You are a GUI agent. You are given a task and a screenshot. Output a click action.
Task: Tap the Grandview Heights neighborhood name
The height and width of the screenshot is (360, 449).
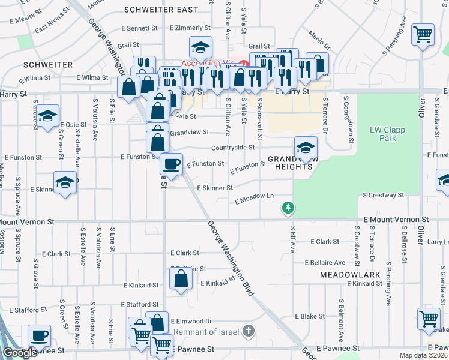pyautogui.click(x=291, y=163)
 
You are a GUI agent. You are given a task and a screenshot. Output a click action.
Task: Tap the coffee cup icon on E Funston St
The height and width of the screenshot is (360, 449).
pyautogui.click(x=172, y=164)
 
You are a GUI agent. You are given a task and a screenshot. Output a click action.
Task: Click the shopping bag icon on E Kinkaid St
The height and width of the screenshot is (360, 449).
pyautogui.click(x=181, y=279)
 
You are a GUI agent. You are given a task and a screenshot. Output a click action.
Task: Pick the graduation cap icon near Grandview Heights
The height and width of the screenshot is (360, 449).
pyautogui.click(x=306, y=147)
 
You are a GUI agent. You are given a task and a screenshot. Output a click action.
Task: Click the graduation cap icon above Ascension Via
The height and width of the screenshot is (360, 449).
pyautogui.click(x=201, y=46)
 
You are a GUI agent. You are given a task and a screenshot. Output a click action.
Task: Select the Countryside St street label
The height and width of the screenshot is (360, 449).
pyautogui.click(x=233, y=147)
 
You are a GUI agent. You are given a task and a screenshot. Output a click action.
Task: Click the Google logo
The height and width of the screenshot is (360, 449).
pyautogui.click(x=20, y=353)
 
